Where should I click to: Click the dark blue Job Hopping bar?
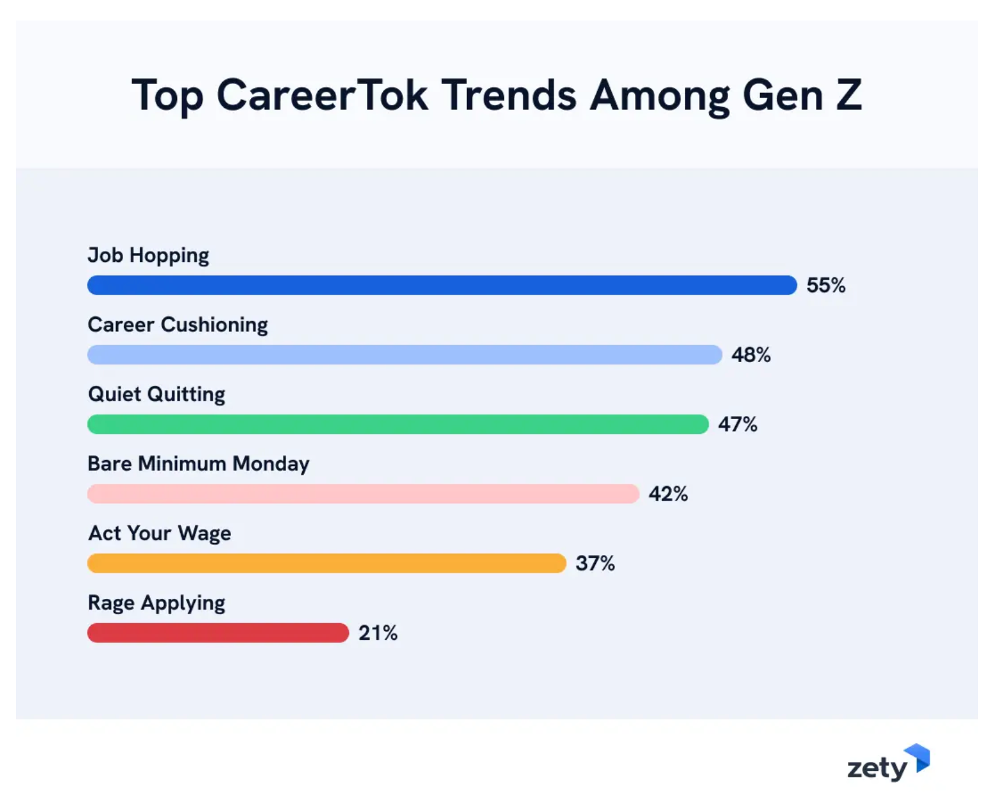(442, 285)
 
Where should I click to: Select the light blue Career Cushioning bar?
(405, 355)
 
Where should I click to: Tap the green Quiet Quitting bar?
(398, 424)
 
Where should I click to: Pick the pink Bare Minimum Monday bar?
(363, 494)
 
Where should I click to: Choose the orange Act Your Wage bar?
(326, 564)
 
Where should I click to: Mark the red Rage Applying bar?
(218, 633)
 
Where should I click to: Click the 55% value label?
(825, 285)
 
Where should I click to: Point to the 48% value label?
(751, 355)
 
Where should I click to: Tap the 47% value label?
(738, 424)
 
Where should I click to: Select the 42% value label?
(668, 494)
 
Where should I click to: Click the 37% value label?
(595, 564)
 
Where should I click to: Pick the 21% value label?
(378, 633)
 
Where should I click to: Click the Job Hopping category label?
(148, 255)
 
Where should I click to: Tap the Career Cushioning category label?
(178, 325)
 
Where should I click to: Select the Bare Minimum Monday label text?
(198, 463)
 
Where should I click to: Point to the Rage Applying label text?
(156, 603)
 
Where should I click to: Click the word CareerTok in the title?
(322, 95)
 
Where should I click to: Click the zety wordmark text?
(877, 768)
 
